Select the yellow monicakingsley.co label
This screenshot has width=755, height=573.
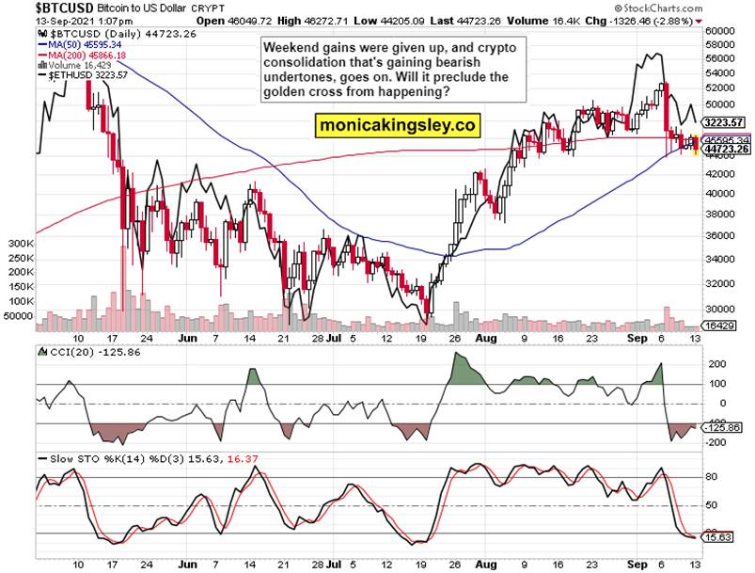click(397, 124)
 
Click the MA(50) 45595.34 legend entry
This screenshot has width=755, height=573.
click(82, 43)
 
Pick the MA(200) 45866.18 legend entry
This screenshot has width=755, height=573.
click(85, 55)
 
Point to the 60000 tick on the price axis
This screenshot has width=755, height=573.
click(718, 30)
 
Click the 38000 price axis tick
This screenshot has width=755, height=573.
click(718, 214)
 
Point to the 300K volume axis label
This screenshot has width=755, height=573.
click(19, 243)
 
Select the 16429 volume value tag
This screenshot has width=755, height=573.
click(719, 324)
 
